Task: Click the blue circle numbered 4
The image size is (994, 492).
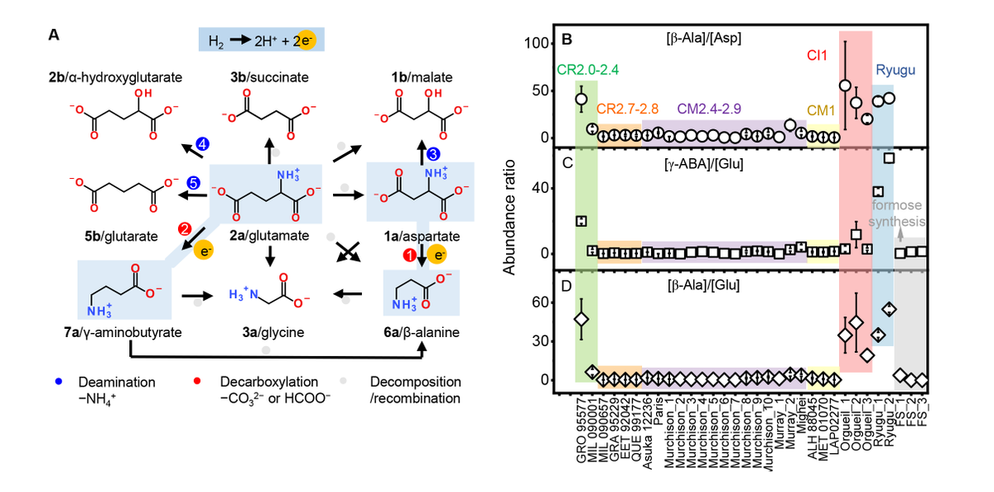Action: pos(201,143)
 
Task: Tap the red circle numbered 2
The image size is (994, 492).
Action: pos(185,228)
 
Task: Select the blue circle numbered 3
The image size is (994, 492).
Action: pos(434,154)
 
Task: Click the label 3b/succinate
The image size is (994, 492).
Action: pos(269,77)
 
